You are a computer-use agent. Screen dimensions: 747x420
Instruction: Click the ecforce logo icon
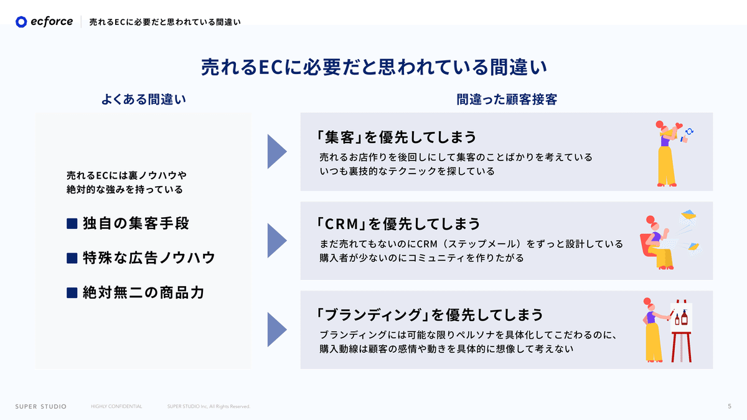click(22, 22)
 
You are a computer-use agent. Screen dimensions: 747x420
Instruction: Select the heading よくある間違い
click(144, 100)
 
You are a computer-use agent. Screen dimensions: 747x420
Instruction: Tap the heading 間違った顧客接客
click(506, 100)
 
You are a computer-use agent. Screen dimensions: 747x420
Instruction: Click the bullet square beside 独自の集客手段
click(72, 223)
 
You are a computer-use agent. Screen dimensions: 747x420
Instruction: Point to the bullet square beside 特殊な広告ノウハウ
click(72, 258)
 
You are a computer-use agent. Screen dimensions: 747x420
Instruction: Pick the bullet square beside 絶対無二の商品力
click(72, 292)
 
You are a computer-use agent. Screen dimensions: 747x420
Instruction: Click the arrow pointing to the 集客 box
click(276, 151)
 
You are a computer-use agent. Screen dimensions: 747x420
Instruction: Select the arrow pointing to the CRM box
click(276, 241)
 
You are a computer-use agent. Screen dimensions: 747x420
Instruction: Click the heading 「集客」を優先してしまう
click(396, 136)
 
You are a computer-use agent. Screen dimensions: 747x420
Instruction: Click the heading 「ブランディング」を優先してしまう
click(429, 314)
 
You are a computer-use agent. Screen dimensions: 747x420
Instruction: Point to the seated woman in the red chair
click(657, 243)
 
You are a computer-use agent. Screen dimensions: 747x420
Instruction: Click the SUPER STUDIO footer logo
click(40, 406)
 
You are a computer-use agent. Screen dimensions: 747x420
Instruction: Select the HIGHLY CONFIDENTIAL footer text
click(116, 406)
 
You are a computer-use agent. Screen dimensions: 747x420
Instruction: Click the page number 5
click(729, 406)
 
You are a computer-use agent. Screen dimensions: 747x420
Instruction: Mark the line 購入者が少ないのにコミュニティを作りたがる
click(421, 258)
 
